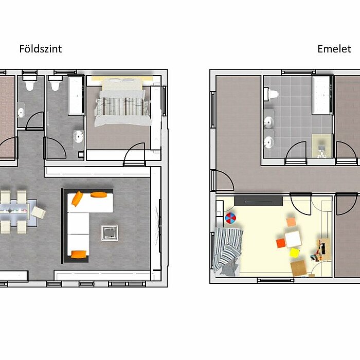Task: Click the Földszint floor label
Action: [41, 49]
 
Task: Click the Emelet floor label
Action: [334, 49]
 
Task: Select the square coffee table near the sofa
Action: [110, 233]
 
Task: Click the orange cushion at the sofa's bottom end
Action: [79, 254]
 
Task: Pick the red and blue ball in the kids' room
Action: [230, 218]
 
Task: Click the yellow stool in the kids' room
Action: [295, 253]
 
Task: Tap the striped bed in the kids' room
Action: [228, 251]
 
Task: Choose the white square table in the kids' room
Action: [293, 239]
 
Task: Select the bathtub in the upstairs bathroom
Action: [322, 95]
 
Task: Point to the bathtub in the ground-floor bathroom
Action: [76, 96]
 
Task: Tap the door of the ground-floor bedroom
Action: [135, 153]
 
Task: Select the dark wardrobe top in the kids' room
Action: [258, 201]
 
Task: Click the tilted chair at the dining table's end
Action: [39, 212]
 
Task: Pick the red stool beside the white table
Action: [281, 243]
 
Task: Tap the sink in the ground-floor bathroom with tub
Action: [78, 136]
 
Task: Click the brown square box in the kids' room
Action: [299, 268]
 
